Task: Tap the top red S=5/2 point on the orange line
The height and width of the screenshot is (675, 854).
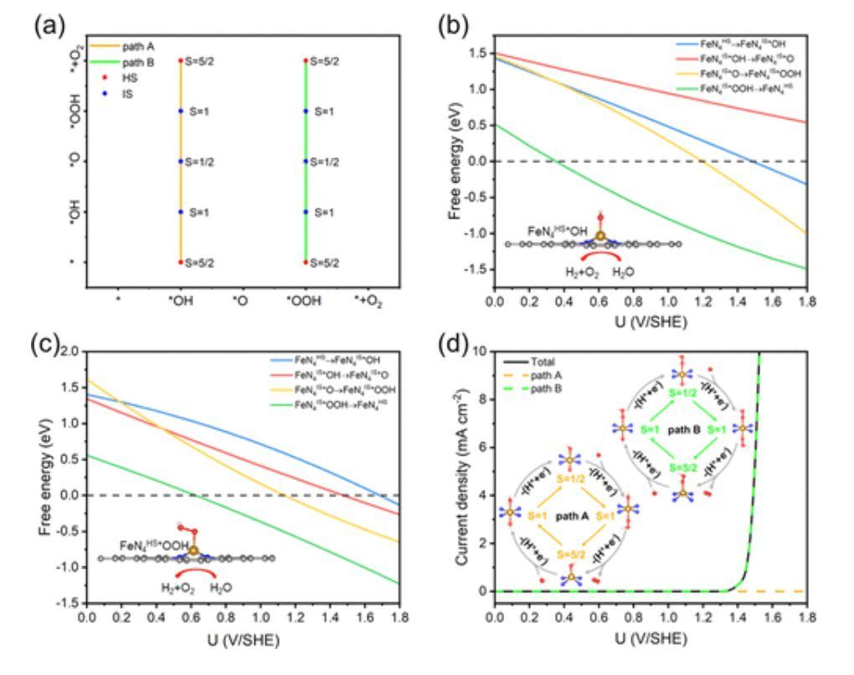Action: [180, 60]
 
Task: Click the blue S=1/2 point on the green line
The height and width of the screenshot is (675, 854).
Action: [306, 161]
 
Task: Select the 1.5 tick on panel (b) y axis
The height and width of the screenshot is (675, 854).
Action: [478, 54]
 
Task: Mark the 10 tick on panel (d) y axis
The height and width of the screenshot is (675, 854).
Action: [480, 350]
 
